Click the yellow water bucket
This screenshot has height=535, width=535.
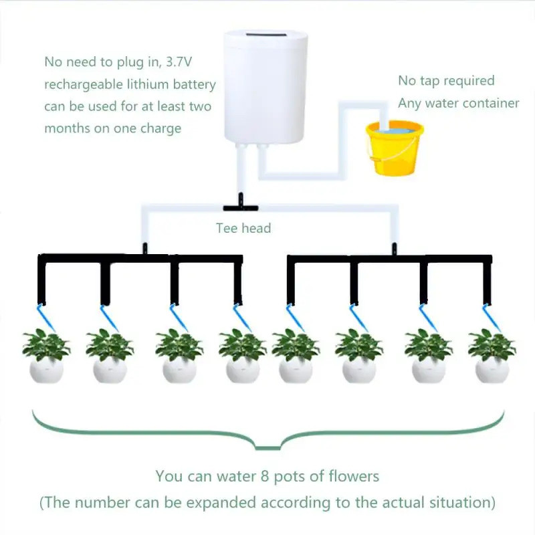(x=395, y=148)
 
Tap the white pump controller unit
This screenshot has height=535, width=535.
(x=261, y=87)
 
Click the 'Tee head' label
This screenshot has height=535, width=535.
(x=243, y=228)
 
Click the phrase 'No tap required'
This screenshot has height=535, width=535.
(x=446, y=81)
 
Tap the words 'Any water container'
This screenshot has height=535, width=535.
(x=458, y=103)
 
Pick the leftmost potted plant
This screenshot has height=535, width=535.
(x=45, y=354)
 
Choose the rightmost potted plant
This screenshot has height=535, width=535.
(x=492, y=354)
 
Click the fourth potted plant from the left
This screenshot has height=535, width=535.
(x=242, y=354)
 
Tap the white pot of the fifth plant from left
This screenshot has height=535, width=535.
(x=296, y=369)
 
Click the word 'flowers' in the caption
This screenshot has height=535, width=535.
(x=355, y=477)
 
